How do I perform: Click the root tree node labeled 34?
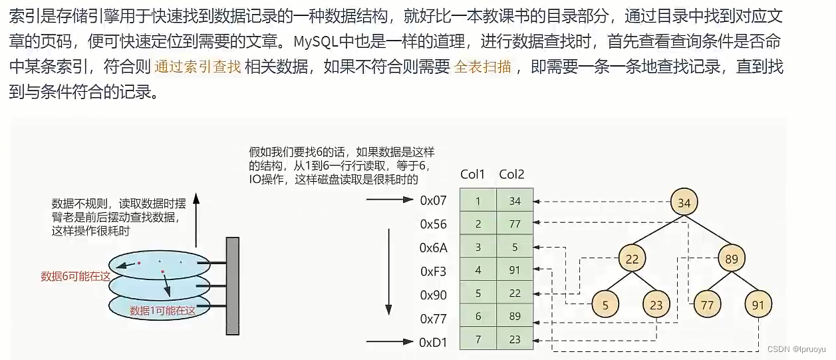click(x=684, y=203)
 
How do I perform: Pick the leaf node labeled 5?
click(x=605, y=305)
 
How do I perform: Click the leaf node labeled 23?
click(x=656, y=305)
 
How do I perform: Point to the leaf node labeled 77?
click(x=706, y=305)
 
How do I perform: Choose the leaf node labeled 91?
click(x=758, y=305)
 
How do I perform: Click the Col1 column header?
click(x=473, y=175)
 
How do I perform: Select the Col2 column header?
click(x=511, y=175)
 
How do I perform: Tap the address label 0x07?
click(x=433, y=200)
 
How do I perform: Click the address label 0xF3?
click(x=433, y=271)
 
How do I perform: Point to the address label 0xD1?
click(x=433, y=343)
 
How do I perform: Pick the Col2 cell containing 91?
click(x=515, y=271)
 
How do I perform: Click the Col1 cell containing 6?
click(x=478, y=317)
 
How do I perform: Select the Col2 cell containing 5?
click(x=515, y=248)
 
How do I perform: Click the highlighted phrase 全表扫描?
click(x=482, y=67)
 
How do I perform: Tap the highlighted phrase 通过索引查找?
click(x=198, y=67)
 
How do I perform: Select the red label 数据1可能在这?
click(x=163, y=310)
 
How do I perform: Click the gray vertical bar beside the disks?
click(x=232, y=285)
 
